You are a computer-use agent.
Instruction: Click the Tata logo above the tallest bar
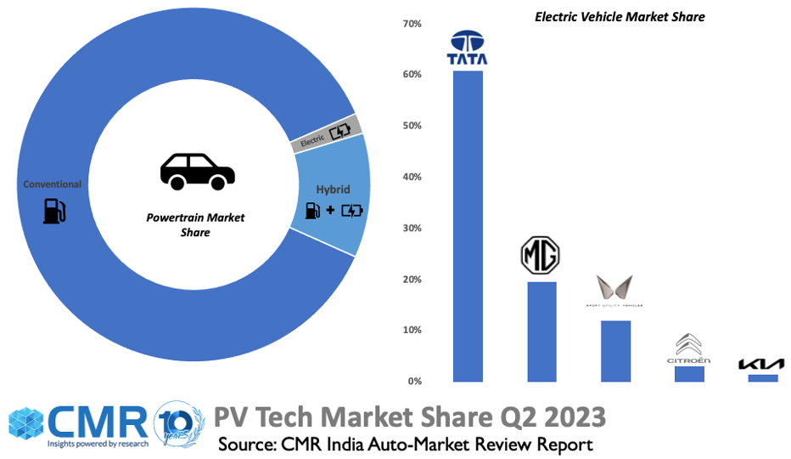point(468,48)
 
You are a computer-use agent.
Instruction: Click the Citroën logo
point(688,349)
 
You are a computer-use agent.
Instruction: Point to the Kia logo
point(762,365)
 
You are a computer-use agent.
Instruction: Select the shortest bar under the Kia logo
point(762,378)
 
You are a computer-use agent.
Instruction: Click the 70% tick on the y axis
point(413,24)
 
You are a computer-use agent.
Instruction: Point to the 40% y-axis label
point(413,177)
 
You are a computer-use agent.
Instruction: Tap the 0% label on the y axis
point(415,381)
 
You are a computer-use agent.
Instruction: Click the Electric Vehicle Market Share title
point(620,16)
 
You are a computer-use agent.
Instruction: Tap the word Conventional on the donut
point(53,184)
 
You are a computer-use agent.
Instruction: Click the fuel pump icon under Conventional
point(53,210)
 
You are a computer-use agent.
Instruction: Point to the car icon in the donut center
point(198,171)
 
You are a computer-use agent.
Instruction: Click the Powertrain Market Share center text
point(195,224)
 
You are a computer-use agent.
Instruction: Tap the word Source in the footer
point(250,445)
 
